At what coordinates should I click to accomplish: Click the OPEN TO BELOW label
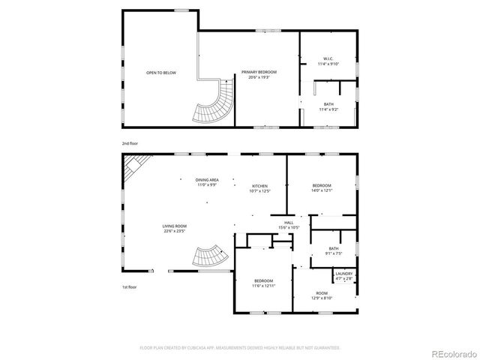pos(161,73)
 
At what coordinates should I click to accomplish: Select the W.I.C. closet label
pos(328,61)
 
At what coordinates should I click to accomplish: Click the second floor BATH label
pos(328,106)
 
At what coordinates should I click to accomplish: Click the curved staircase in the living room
pos(209,256)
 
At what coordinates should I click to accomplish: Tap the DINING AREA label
pos(207,182)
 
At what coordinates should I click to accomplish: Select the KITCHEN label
pos(259,188)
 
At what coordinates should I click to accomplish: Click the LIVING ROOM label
pos(175,228)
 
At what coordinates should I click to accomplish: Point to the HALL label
pos(289,225)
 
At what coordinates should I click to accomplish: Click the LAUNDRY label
pos(344,275)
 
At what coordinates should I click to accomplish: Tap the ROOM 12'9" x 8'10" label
pos(322,295)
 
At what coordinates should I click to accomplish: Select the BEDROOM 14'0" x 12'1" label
pos(322,187)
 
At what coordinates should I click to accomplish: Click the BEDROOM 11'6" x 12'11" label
pos(264,283)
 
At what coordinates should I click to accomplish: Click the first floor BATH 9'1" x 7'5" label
pos(333,250)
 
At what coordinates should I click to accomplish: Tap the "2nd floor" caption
pos(130,142)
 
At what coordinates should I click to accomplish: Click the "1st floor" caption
pos(130,287)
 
